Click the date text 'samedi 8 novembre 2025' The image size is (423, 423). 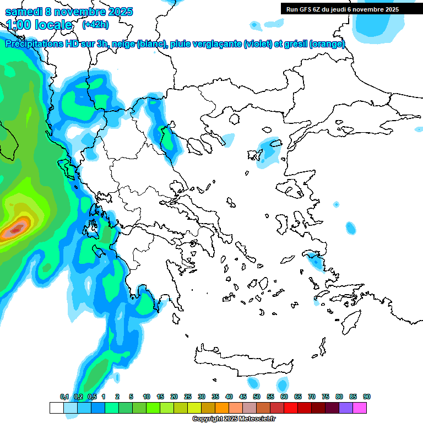[x=69, y=12]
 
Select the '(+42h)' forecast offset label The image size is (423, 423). [x=95, y=25]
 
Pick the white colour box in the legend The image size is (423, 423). [x=56, y=408]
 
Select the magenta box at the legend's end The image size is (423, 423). [x=360, y=408]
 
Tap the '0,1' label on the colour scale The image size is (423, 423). [x=64, y=397]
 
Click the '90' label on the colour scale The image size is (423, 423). [x=367, y=397]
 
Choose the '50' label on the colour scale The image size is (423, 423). [x=257, y=397]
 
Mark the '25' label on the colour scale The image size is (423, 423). [x=188, y=397]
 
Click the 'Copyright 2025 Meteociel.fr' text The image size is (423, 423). [x=234, y=419]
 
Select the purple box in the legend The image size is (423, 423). [x=346, y=408]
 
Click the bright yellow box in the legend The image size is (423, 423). [x=194, y=408]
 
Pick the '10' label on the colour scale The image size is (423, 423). [x=147, y=397]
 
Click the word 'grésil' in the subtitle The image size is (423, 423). [x=296, y=44]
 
